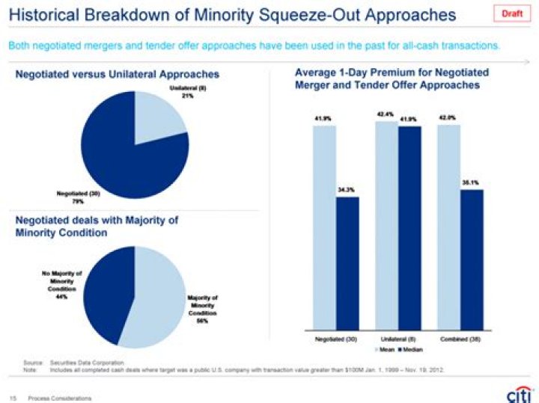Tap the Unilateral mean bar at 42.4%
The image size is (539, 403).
tap(386, 224)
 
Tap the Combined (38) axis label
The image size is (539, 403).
tap(460, 339)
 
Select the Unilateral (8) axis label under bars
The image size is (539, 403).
tap(398, 339)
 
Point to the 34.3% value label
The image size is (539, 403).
tap(347, 191)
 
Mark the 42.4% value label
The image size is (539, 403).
tap(386, 114)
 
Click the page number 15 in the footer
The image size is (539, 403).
tap(13, 398)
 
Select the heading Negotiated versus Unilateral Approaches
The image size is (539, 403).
tap(118, 74)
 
